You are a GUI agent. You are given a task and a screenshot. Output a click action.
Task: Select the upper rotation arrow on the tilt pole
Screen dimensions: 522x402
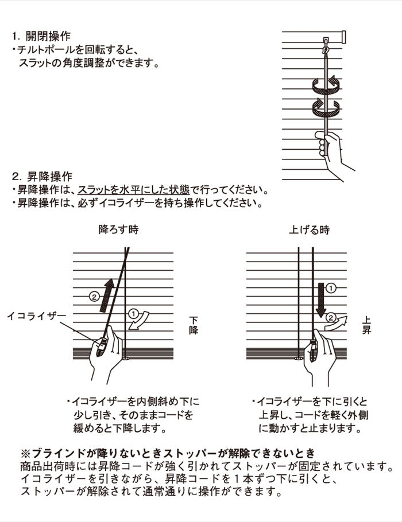pyautogui.click(x=326, y=87)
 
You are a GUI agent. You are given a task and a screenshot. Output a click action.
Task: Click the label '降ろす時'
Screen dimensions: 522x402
pyautogui.click(x=118, y=230)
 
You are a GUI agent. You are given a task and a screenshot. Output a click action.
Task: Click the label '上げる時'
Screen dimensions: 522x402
pyautogui.click(x=309, y=230)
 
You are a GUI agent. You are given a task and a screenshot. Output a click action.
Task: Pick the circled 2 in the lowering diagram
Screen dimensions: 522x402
pyautogui.click(x=95, y=296)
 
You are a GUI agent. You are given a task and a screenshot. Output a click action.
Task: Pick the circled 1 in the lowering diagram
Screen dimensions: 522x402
pyautogui.click(x=133, y=314)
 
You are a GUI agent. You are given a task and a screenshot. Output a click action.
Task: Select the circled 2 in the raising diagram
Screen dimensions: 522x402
pyautogui.click(x=331, y=317)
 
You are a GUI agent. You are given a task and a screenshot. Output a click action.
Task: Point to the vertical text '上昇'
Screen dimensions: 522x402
pyautogui.click(x=366, y=326)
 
